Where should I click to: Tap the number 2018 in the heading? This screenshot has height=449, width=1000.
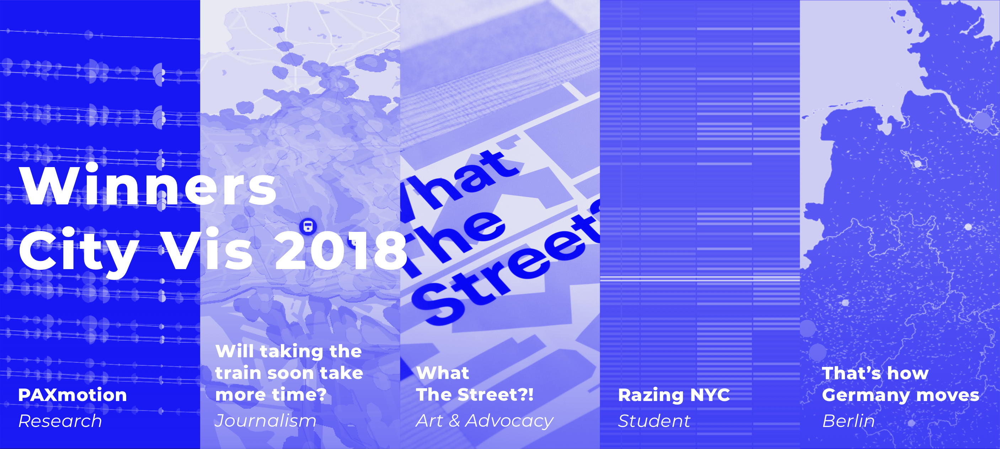(341, 250)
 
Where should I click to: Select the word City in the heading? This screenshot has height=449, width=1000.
(79, 252)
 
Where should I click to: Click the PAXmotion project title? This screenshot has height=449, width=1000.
(73, 395)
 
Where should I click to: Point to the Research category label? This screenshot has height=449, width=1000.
(60, 421)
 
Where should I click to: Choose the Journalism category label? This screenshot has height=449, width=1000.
(266, 421)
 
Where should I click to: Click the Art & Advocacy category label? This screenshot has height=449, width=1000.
(485, 421)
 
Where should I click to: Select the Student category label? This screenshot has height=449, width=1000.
(654, 421)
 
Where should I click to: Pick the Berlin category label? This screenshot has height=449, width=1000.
(849, 421)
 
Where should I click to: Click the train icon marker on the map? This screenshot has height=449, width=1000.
(308, 226)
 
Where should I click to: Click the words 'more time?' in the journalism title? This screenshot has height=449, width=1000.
(271, 395)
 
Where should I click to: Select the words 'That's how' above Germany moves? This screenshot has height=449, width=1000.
(875, 373)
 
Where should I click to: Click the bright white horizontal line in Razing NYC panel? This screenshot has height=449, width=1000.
(700, 278)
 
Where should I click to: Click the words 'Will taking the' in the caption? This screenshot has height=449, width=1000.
(288, 352)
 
